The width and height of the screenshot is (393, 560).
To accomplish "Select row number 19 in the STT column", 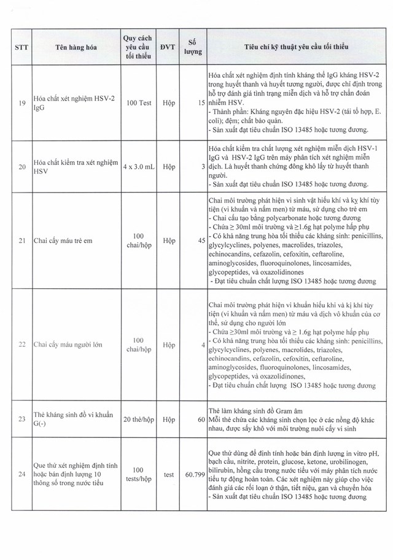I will point(21,102).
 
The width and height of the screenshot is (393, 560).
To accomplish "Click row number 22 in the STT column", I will point(21,344).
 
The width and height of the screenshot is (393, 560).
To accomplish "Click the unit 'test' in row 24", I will point(168,474).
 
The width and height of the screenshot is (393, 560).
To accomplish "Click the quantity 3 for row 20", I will point(203,167).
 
